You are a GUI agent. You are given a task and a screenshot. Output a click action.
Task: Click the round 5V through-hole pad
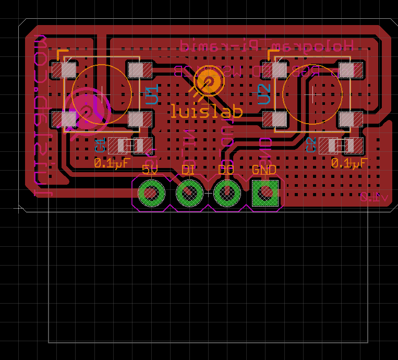pos(151,194)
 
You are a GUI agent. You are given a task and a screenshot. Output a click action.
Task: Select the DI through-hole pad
pos(189,194)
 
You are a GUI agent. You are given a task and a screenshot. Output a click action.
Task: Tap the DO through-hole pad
pos(227,194)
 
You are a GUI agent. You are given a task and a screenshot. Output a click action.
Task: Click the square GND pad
pos(265,194)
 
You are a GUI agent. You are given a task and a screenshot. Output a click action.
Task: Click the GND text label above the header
pos(264,170)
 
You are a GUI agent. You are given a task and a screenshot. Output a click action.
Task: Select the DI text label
pos(188,170)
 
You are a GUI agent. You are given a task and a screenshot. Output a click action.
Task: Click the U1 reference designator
pos(152,95)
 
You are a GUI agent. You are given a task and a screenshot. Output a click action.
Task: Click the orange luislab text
pos(207,111)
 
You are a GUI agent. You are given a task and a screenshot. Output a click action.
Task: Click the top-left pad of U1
pos(68,70)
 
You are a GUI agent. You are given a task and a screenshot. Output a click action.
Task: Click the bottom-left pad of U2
pos(279,119)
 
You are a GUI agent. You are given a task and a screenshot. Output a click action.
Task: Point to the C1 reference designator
pos(101,146)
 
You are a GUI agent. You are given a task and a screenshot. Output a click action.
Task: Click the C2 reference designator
pos(311,146)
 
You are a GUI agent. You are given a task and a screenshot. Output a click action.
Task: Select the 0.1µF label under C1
pos(112,163)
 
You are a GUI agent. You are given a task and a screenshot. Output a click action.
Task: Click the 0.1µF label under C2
pos(349,163)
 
